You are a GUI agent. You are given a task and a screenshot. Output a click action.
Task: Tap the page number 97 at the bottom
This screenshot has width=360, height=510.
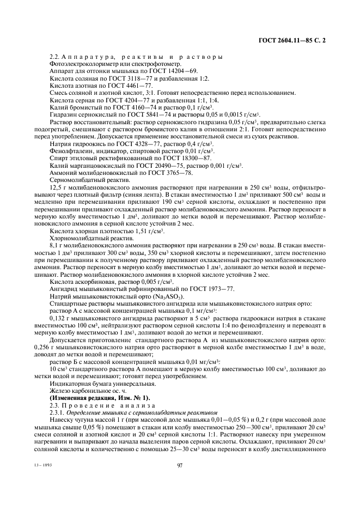[180, 465]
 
